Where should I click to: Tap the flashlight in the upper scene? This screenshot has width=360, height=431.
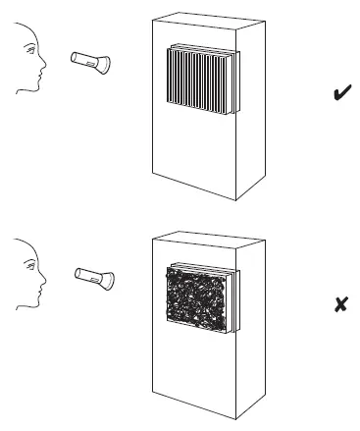pos(89,63)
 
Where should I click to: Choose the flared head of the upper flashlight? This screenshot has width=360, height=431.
pos(102,67)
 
